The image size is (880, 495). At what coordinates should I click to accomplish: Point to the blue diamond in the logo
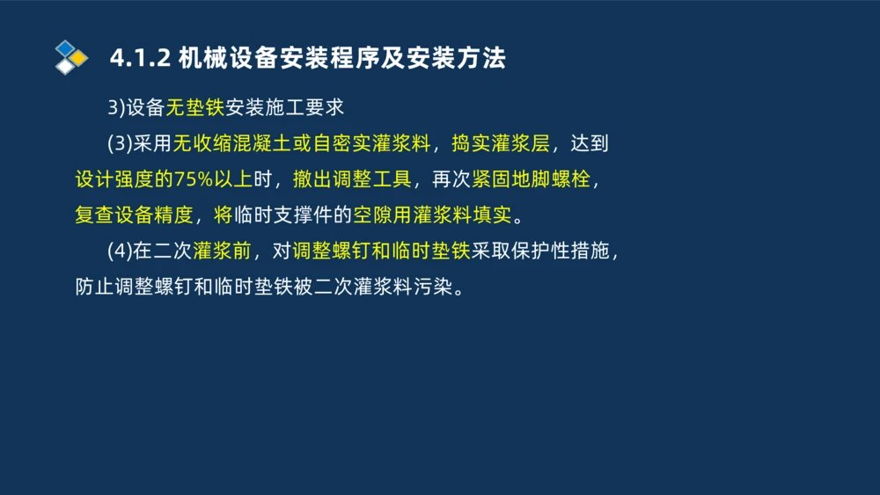[x=65, y=48]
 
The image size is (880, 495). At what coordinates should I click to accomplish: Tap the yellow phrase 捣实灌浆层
[x=499, y=144]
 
